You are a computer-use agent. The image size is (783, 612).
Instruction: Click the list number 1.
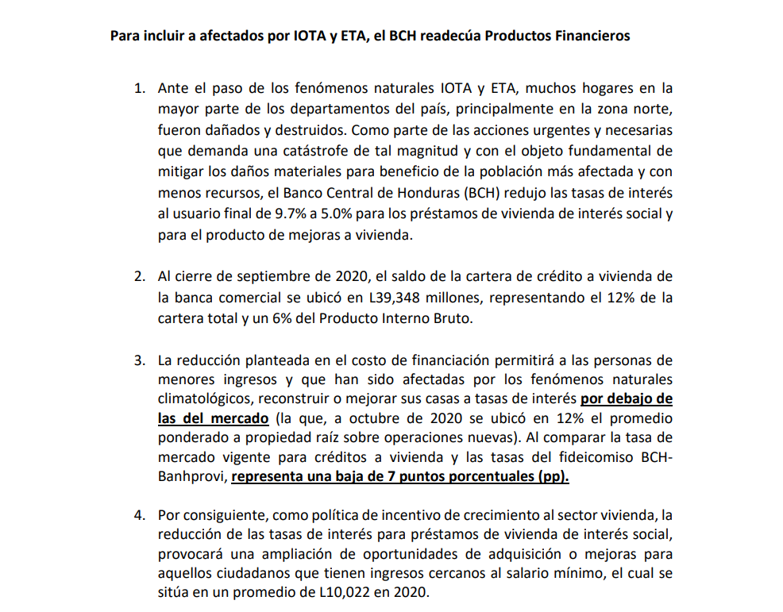pyautogui.click(x=139, y=89)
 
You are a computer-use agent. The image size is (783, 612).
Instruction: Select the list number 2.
pyautogui.click(x=139, y=276)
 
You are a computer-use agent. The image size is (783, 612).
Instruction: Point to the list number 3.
pyautogui.click(x=139, y=360)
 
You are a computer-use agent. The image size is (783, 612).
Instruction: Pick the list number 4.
pyautogui.click(x=139, y=514)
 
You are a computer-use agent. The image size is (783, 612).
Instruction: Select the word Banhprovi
pyautogui.click(x=191, y=477)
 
